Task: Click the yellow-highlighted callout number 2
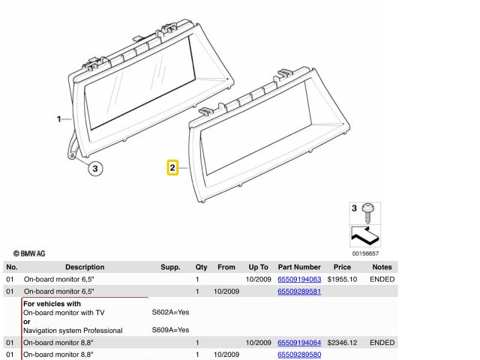click(x=172, y=168)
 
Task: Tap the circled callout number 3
click(x=95, y=168)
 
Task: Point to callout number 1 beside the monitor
click(x=58, y=118)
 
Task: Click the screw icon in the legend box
click(x=367, y=213)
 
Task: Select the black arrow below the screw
click(x=365, y=235)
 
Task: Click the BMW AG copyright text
click(x=29, y=253)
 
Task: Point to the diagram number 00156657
click(x=365, y=253)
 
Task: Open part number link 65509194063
click(x=299, y=279)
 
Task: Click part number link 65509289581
click(x=299, y=292)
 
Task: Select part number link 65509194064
click(x=299, y=343)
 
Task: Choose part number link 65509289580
click(x=299, y=355)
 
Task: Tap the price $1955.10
click(x=342, y=279)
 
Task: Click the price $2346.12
click(x=342, y=343)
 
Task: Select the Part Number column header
click(x=299, y=267)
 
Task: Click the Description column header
click(x=85, y=267)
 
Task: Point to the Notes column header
click(x=382, y=267)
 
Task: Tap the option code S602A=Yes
click(x=170, y=312)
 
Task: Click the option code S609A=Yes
click(x=170, y=330)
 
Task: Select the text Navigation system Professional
click(x=73, y=331)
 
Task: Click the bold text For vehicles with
click(x=52, y=304)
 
